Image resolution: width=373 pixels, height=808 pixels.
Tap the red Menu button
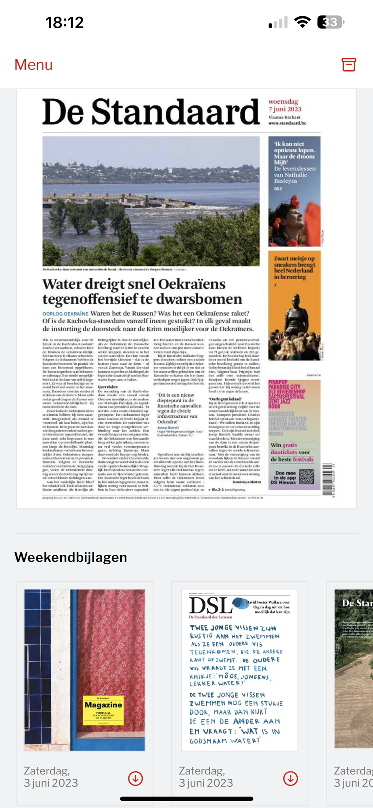click(34, 65)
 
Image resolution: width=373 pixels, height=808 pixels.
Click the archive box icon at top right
click(349, 65)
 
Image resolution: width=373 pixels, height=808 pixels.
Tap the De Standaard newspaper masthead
click(151, 112)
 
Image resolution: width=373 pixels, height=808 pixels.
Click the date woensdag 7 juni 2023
click(285, 105)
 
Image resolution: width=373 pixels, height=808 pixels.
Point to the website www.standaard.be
click(287, 123)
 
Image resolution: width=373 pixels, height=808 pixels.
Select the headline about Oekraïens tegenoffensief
click(142, 291)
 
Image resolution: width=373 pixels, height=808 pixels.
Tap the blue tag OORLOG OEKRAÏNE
click(65, 314)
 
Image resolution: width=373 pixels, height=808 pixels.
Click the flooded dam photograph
click(151, 201)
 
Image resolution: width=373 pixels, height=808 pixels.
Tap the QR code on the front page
click(306, 477)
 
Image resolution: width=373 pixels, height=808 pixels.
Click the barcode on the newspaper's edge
click(327, 479)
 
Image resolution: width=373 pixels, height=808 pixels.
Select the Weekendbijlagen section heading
click(71, 557)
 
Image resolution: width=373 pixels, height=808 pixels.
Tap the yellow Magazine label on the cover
click(103, 710)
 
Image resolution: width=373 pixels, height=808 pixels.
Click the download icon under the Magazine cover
click(135, 778)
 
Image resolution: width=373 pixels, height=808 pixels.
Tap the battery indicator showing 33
click(330, 22)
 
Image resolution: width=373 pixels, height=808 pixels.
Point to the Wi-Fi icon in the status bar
click(302, 22)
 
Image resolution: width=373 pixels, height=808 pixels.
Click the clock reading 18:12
click(65, 23)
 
